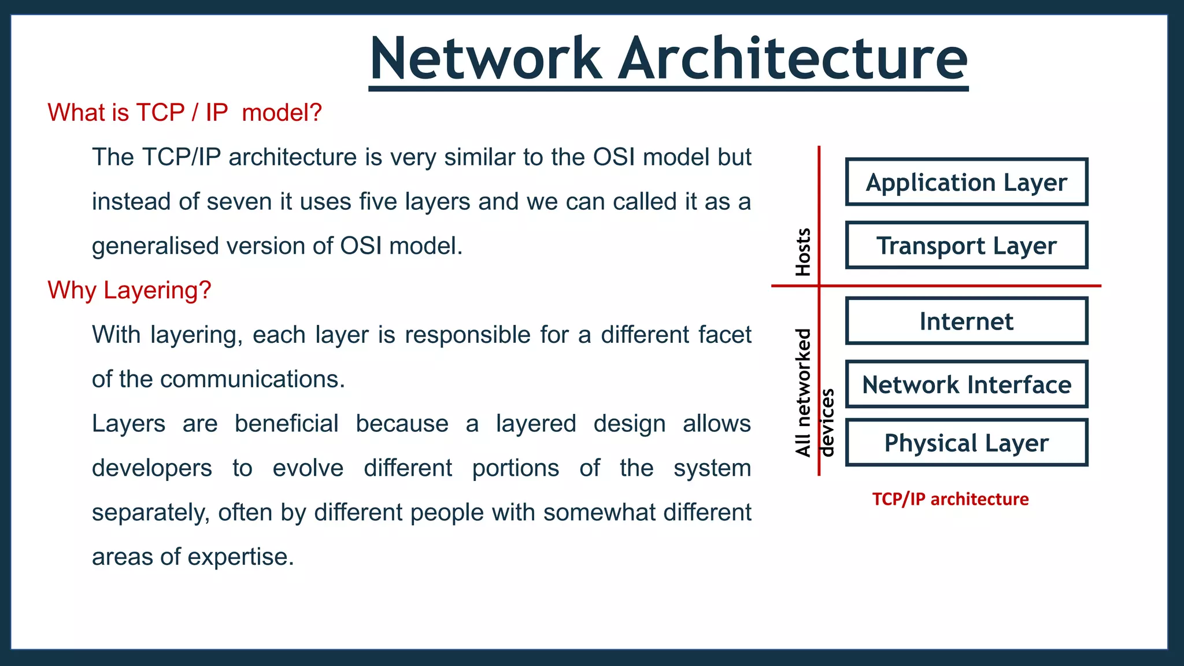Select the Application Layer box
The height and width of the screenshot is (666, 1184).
tap(966, 182)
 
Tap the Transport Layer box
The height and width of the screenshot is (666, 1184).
tap(966, 245)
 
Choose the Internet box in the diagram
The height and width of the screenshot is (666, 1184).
tap(966, 321)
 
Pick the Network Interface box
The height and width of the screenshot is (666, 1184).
tap(966, 384)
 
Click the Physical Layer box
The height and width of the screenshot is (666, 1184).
tap(966, 443)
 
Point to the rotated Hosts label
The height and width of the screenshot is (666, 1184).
tap(803, 252)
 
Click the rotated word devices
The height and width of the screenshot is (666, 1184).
tap(827, 423)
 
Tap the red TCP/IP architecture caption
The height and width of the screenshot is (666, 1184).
tap(950, 499)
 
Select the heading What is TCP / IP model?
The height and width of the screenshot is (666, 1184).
tap(184, 112)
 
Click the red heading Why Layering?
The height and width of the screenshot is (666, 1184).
tap(129, 290)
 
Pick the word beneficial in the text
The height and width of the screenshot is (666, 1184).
tap(286, 424)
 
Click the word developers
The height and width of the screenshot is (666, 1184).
tap(152, 468)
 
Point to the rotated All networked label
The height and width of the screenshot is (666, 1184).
tap(803, 393)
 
